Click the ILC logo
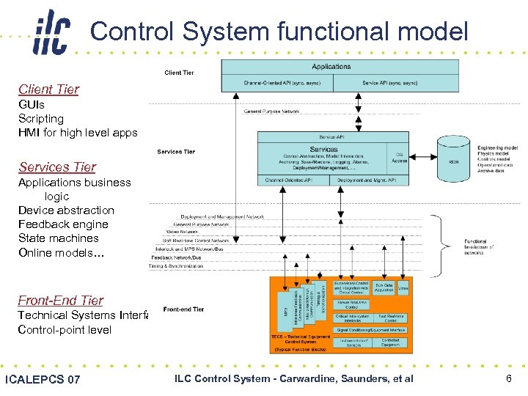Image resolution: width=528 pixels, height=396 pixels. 51,33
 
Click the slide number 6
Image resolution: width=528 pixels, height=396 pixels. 508,378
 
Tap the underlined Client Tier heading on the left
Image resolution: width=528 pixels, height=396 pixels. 48,89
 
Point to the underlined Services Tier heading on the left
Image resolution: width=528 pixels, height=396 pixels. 57,167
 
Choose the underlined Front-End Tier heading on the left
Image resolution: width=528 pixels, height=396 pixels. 61,301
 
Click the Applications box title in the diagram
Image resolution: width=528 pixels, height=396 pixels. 331,67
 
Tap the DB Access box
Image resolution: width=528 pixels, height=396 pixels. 399,158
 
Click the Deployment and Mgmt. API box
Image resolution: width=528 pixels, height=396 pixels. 367,180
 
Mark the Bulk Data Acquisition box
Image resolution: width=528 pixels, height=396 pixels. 384,287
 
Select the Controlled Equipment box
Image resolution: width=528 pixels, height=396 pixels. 390,342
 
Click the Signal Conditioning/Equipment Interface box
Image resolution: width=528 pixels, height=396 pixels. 370,330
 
